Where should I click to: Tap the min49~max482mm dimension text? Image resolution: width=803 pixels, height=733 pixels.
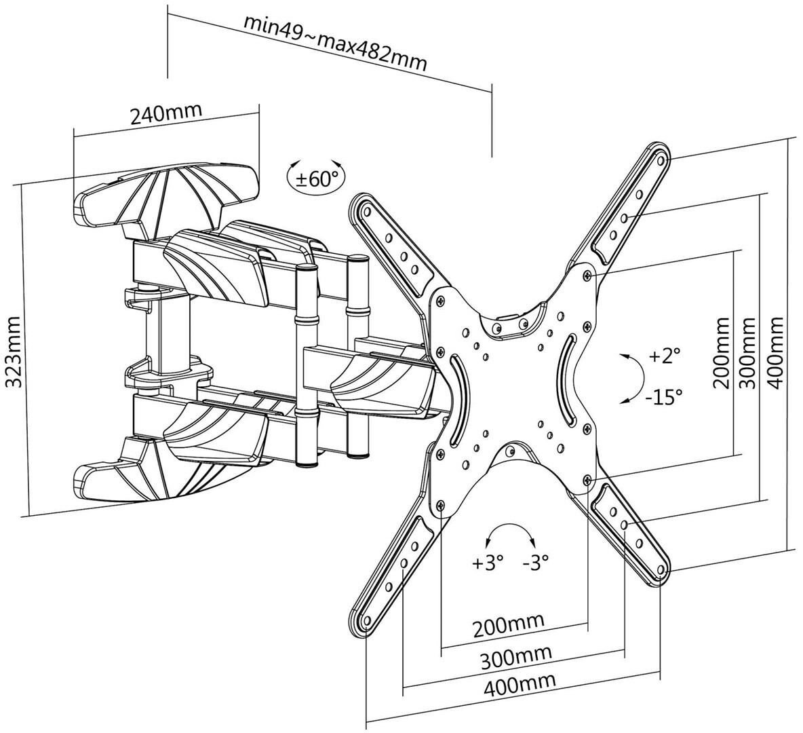pos(336,43)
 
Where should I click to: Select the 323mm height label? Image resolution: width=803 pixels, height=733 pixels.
pos(14,352)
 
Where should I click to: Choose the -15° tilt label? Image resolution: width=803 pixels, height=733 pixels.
pos(663,396)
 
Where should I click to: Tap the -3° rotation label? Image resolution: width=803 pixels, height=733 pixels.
pos(536,563)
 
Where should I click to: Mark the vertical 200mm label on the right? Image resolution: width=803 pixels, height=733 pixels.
pos(722,353)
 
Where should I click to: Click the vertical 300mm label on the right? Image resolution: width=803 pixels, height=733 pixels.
pos(748,353)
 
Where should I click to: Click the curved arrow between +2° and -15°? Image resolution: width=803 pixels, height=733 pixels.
pos(634,378)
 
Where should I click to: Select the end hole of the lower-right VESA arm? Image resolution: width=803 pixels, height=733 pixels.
pos(661,569)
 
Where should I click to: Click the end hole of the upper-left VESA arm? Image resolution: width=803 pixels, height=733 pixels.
pos(366,210)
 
